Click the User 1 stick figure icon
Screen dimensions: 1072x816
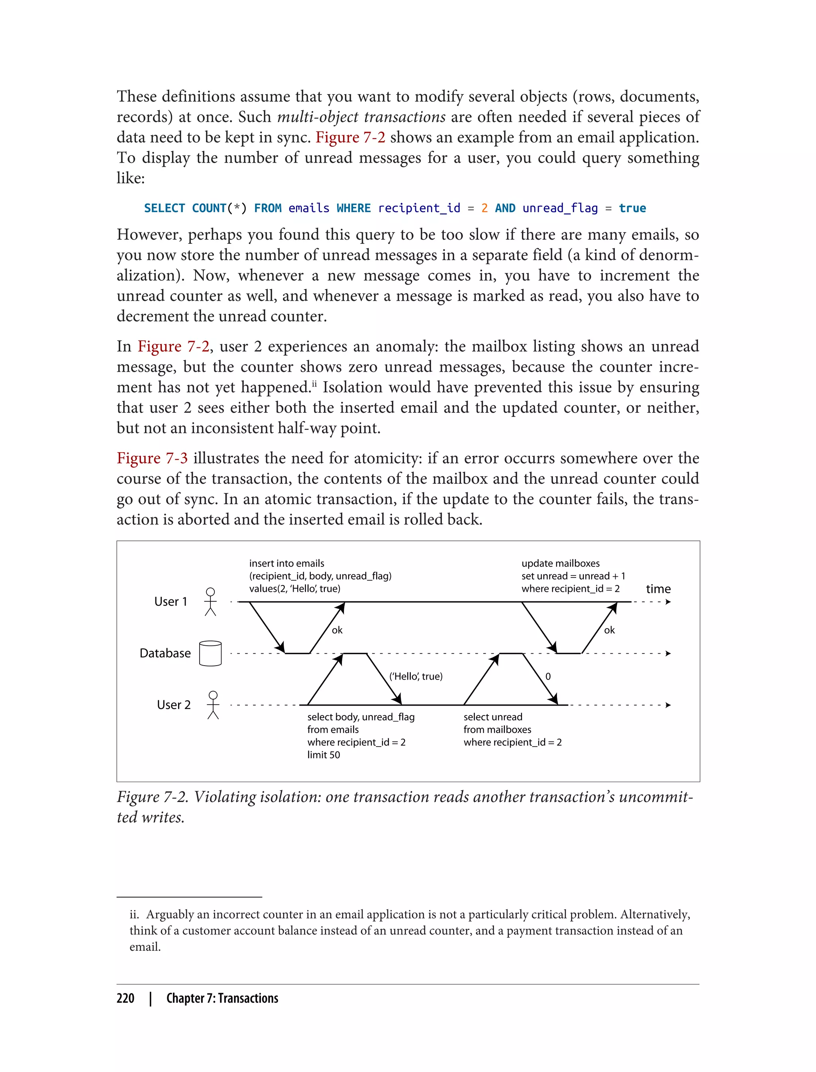[210, 601]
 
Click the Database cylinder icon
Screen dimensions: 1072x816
[210, 653]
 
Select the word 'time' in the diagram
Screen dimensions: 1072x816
[658, 589]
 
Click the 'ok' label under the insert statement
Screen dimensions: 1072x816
[337, 630]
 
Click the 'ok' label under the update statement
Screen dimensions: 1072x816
[609, 630]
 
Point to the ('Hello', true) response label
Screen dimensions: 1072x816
[416, 676]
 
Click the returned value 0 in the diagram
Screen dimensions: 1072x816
[548, 676]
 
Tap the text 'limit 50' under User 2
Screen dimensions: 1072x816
[324, 755]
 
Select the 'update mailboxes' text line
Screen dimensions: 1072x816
[561, 564]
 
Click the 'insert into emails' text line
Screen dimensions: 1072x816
[286, 564]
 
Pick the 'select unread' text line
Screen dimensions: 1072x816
[492, 717]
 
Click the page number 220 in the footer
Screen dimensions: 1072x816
[126, 998]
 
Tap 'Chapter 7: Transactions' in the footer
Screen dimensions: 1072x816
[222, 998]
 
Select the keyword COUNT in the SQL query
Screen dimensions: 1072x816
[209, 208]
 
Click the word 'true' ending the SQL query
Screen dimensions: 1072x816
[632, 208]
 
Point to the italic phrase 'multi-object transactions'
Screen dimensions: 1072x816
[361, 117]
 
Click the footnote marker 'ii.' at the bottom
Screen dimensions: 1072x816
[135, 914]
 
